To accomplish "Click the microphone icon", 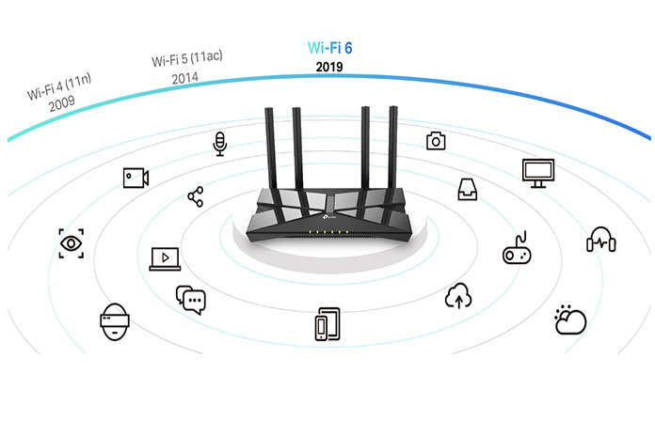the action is (x=219, y=144).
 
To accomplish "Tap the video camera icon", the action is (x=136, y=178).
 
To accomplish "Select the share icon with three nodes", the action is (x=196, y=196).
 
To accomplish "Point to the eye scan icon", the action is (x=71, y=243).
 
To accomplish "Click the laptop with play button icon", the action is (x=165, y=258).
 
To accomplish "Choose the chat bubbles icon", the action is (x=191, y=300).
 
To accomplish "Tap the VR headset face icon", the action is (x=115, y=321).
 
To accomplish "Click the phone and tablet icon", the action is (x=327, y=324).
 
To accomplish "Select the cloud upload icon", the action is (x=458, y=295).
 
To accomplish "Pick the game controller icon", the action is (x=517, y=248).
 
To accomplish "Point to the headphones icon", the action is (x=601, y=239).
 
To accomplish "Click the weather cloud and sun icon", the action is (x=570, y=319).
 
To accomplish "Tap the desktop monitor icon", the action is (x=538, y=173).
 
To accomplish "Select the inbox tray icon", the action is (x=468, y=190).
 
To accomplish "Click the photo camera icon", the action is (x=436, y=141).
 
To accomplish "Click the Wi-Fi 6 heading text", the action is (x=329, y=48).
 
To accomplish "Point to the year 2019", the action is (x=329, y=67).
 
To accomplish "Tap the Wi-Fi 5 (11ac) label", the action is (x=186, y=58).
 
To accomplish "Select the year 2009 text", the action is (x=62, y=103).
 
